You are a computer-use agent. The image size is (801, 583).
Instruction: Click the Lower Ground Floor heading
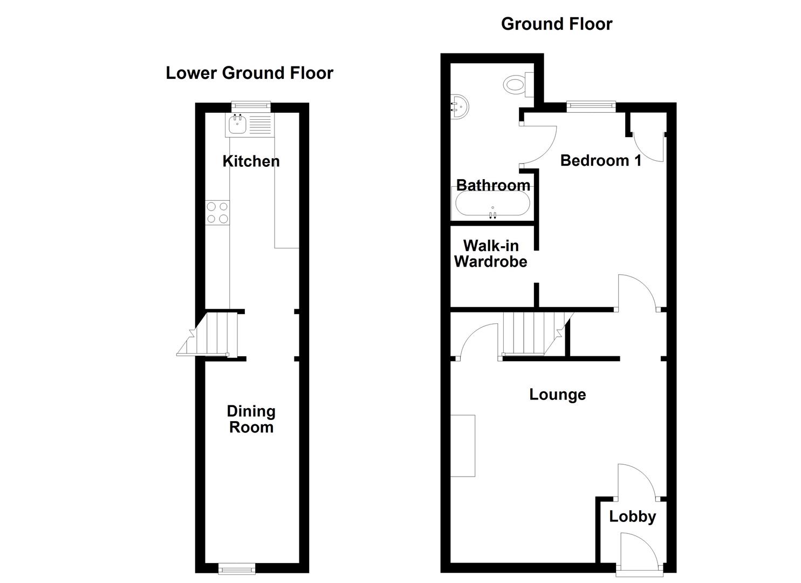[x=249, y=73]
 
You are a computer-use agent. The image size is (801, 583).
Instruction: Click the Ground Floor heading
[x=556, y=24]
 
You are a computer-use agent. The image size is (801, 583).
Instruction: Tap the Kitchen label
[x=251, y=161]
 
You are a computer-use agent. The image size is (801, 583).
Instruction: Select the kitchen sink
[x=237, y=125]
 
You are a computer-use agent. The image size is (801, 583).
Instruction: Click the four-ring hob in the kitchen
[x=217, y=212]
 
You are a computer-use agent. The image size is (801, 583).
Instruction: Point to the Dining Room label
[x=251, y=419]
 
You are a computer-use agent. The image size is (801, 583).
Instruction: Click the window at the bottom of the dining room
[x=237, y=567]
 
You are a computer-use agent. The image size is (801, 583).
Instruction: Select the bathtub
[x=492, y=205]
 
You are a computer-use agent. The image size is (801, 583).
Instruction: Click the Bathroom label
[x=493, y=185]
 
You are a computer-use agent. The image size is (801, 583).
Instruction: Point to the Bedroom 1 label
[x=601, y=160]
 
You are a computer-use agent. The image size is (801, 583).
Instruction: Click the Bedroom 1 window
[x=591, y=106]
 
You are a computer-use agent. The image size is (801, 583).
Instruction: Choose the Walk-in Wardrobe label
[x=490, y=254]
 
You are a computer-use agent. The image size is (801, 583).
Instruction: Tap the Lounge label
[x=557, y=394]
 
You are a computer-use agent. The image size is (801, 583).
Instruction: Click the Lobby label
[x=632, y=517]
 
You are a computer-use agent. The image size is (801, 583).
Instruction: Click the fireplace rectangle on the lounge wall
[x=463, y=445]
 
